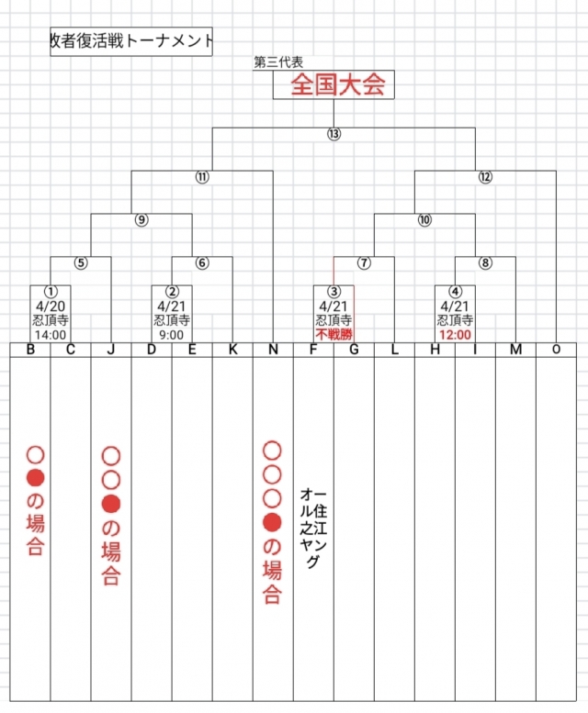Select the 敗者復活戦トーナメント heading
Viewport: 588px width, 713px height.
click(131, 41)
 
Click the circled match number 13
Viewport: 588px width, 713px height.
click(334, 134)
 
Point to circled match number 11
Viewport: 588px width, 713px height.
click(202, 177)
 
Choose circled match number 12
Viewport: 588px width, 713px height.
click(485, 177)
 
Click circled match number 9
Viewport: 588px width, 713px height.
click(141, 219)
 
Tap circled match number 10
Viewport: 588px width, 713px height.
click(424, 219)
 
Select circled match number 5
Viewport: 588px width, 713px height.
click(81, 262)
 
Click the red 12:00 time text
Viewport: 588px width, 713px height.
click(455, 336)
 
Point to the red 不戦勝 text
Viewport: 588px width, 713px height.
click(334, 336)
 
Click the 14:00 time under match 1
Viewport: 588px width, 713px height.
click(51, 336)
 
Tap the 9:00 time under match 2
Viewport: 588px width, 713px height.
click(172, 336)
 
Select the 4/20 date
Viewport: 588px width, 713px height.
click(51, 306)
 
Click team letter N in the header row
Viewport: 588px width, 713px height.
click(273, 350)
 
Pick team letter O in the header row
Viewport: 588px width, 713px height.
click(556, 350)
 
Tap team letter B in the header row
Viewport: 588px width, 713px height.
click(30, 350)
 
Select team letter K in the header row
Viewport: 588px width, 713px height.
click(232, 350)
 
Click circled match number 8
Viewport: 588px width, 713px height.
click(485, 262)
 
